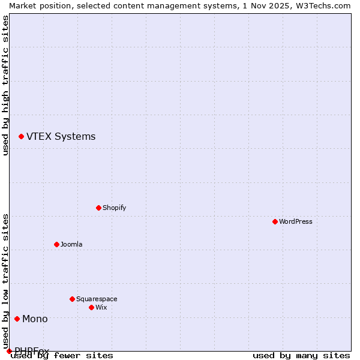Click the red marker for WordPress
pos(275,221)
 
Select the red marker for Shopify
pos(98,208)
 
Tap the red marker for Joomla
pos(56,244)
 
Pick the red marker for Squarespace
pos(72,299)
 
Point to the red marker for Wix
pos(91,307)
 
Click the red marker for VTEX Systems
pos(21,137)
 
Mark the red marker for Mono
pos(17,319)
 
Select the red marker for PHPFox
pos(9,351)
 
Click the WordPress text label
pos(295,221)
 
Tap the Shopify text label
pos(114,208)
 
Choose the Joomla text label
pos(71,244)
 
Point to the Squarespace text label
pos(97,299)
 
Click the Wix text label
pos(101,307)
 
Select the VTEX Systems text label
pos(61,137)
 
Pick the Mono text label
pos(35,319)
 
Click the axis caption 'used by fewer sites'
pos(62,355)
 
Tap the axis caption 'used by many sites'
pos(301,355)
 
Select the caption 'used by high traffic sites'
pos(6,85)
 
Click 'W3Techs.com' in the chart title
pos(322,5)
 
